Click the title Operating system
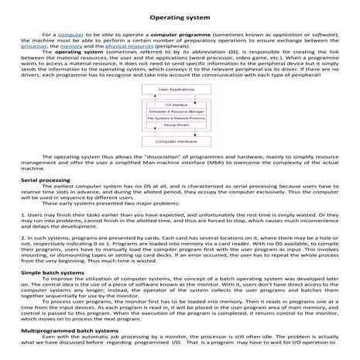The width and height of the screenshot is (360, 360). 180,15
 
